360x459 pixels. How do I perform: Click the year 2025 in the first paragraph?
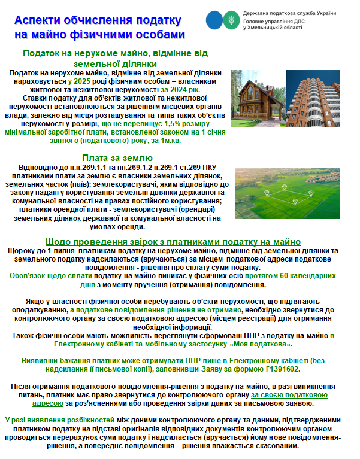81,81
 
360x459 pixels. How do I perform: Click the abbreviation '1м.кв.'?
167,141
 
